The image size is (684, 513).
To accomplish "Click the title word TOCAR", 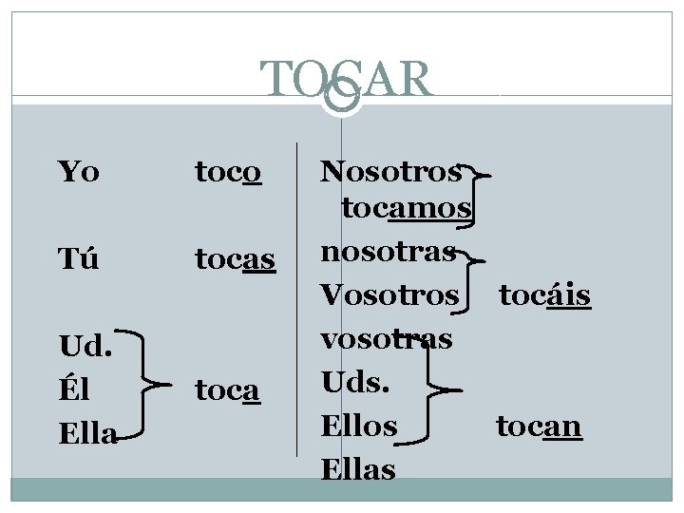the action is (x=347, y=80).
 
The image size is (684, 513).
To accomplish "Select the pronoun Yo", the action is (x=78, y=172).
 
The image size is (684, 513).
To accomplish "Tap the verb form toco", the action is (x=228, y=172).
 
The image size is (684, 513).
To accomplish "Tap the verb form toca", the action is (x=228, y=389).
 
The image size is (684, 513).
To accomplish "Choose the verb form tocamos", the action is (x=407, y=207).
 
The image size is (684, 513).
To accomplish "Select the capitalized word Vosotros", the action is (x=389, y=295).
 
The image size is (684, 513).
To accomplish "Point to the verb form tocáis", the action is (x=545, y=295).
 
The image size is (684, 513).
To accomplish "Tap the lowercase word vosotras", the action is (x=386, y=339).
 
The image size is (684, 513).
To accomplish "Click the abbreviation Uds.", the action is (x=353, y=383).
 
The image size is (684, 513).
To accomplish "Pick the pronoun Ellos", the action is (x=359, y=427).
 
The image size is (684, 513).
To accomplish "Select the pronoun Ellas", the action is (x=358, y=468).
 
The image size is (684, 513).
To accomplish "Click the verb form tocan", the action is (x=539, y=427).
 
